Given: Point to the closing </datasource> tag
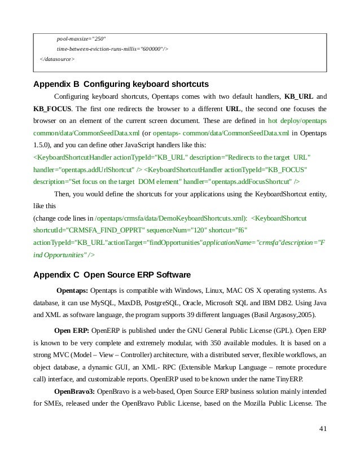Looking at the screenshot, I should click(x=57, y=59).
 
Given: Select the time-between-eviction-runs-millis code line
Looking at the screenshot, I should click(x=112, y=49).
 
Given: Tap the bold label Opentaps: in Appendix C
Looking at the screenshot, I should click(x=72, y=291).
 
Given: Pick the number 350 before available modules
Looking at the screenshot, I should click(x=213, y=342).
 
